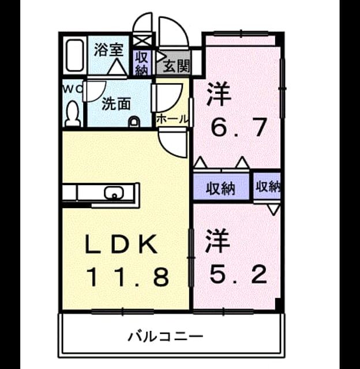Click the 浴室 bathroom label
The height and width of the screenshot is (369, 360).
[x=108, y=50]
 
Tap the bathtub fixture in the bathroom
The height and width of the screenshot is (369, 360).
[x=75, y=55]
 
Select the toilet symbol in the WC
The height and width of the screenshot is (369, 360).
[x=73, y=114]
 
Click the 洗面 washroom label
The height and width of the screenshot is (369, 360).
[x=116, y=104]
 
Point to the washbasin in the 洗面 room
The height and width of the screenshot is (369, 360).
[x=134, y=122]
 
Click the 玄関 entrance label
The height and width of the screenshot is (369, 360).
[x=176, y=66]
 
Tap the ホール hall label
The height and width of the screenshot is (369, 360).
[x=172, y=119]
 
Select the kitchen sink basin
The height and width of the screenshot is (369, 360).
[x=114, y=193]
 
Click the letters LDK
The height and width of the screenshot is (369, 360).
[x=121, y=244]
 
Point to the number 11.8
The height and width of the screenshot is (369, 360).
[x=128, y=277]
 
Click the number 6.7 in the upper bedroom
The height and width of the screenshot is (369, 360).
[x=239, y=127]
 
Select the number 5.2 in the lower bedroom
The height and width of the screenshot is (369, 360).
[x=238, y=274]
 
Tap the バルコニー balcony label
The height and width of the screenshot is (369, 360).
[x=165, y=336]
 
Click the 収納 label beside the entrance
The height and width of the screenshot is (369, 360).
[x=141, y=63]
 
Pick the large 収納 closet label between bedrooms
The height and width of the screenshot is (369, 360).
[x=220, y=189]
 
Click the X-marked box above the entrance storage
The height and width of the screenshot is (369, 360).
[x=142, y=40]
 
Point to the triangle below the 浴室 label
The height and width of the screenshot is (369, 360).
[x=117, y=67]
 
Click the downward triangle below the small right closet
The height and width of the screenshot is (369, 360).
[x=273, y=210]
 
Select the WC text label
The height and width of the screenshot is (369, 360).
[x=73, y=89]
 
